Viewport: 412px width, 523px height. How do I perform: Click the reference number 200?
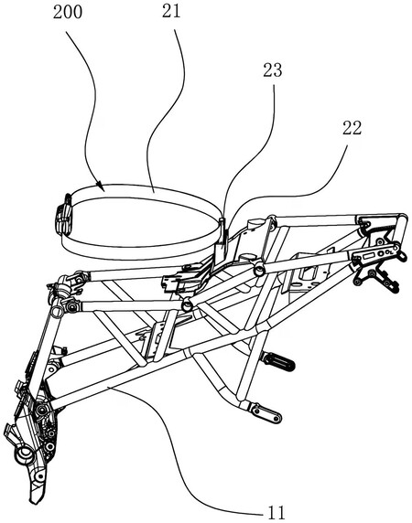(x=68, y=13)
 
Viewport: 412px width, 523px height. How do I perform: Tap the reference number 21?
(x=171, y=12)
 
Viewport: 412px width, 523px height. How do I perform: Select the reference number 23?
(x=273, y=70)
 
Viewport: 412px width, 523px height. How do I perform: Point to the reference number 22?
(x=352, y=128)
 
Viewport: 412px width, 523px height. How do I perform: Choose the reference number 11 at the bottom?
(x=276, y=512)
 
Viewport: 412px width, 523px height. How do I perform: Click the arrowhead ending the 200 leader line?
(x=100, y=185)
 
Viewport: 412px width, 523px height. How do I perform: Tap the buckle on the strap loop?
(x=64, y=215)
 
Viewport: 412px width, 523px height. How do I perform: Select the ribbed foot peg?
(x=277, y=362)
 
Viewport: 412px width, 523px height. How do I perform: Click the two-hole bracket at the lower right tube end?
(x=266, y=412)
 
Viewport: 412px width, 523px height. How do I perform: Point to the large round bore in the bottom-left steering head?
(x=24, y=454)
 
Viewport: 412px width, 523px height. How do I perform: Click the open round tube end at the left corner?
(x=57, y=311)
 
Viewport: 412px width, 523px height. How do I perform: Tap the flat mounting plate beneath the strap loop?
(x=184, y=275)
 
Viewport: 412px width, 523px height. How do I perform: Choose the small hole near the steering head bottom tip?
(x=40, y=476)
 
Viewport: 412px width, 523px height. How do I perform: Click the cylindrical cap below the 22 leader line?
(x=254, y=223)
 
